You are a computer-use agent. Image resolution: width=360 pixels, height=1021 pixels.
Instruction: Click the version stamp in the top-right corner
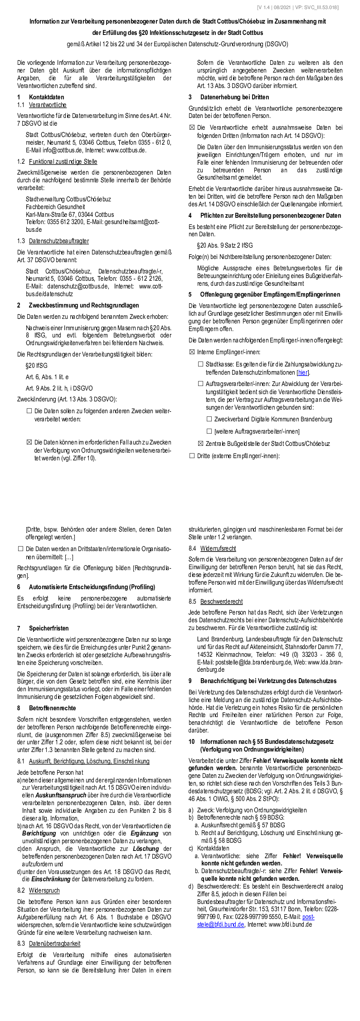pos(297,7)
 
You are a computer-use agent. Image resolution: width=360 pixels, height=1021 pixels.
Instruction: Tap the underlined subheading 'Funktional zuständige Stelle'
pos(63,161)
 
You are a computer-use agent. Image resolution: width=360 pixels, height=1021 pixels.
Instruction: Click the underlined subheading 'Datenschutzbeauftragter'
pos(59,241)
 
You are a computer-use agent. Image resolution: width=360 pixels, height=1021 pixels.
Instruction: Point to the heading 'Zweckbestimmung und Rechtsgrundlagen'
pos(84,305)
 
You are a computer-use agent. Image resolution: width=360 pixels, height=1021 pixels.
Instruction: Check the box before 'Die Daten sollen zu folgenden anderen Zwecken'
pos(29,411)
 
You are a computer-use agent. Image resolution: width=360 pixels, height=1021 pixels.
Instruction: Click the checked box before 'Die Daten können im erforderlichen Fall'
pos(29,442)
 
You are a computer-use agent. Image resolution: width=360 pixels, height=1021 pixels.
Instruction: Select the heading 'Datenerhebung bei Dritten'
pos(234,97)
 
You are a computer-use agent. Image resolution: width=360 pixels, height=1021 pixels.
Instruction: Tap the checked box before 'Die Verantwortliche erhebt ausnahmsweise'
pos(192,128)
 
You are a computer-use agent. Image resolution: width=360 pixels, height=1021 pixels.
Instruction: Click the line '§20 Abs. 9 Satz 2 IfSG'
pos(225,245)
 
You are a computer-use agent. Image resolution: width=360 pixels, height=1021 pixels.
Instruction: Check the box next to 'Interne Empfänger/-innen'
pos(192,352)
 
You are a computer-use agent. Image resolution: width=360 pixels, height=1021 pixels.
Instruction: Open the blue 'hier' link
pos(302,372)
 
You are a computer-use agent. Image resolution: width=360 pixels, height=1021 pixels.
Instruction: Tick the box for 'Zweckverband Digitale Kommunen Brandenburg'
pos(209,419)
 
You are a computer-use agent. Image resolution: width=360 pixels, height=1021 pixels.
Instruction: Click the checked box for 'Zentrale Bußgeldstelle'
pos(200,444)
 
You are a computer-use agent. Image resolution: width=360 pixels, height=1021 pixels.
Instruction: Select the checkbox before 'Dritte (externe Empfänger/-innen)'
pos(192,455)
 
